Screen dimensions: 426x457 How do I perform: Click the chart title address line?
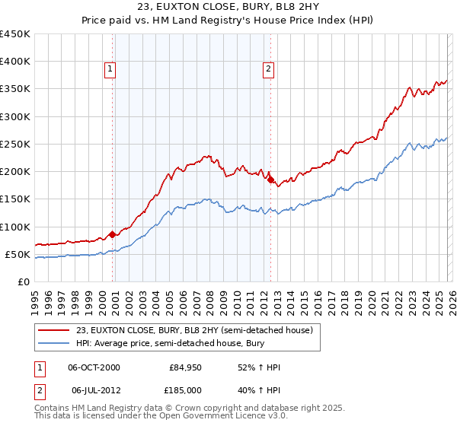click(228, 7)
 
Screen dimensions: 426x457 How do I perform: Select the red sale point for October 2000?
click(113, 234)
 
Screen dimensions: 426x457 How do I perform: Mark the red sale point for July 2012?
click(270, 180)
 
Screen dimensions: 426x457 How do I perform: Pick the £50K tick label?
click(18, 254)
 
